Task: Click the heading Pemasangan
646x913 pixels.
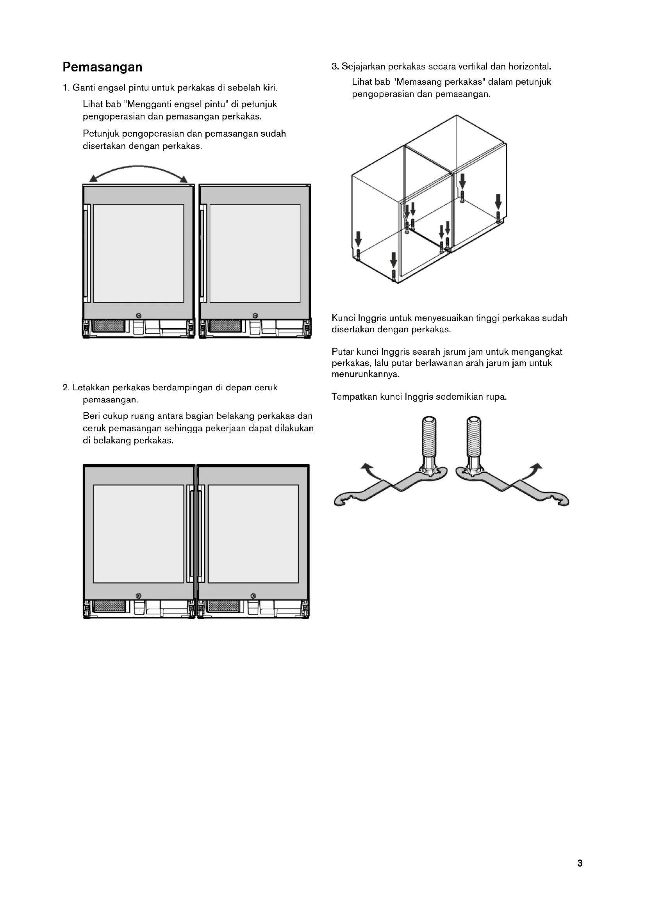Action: click(102, 67)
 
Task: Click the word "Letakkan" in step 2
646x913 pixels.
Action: click(91, 387)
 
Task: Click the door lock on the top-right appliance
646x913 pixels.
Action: click(255, 315)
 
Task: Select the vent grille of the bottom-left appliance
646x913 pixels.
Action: click(109, 606)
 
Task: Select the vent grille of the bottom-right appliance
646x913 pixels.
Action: click(224, 606)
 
